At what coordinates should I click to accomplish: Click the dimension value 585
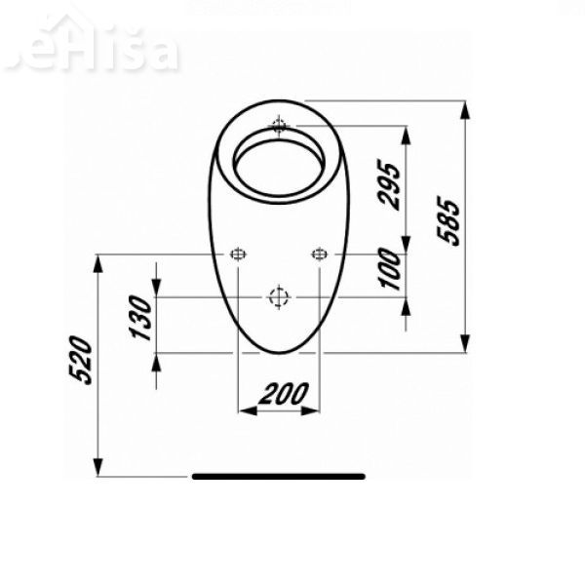[x=447, y=224]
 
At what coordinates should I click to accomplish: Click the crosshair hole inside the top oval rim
[x=280, y=126]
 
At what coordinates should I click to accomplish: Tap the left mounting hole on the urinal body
[x=238, y=254]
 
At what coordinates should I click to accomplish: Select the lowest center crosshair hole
[x=279, y=297]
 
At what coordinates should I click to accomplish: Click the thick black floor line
[x=278, y=477]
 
